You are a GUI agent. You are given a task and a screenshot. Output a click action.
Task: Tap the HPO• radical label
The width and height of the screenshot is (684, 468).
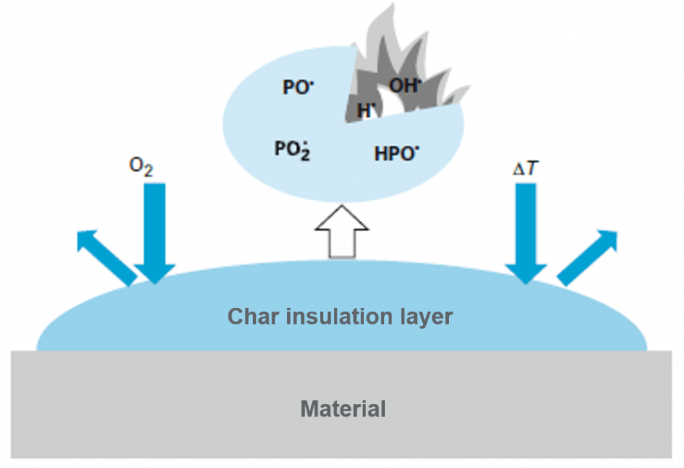(x=397, y=154)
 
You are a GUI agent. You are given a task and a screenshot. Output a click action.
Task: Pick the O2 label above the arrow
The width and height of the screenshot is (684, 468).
(x=141, y=168)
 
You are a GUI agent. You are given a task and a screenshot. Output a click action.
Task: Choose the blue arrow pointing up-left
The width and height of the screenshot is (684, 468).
(x=104, y=256)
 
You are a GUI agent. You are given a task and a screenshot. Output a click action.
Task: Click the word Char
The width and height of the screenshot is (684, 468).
(x=253, y=316)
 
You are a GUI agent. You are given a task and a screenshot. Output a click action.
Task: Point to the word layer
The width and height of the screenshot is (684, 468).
(x=427, y=316)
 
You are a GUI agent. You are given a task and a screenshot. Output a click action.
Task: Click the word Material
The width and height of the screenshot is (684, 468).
(x=343, y=408)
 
